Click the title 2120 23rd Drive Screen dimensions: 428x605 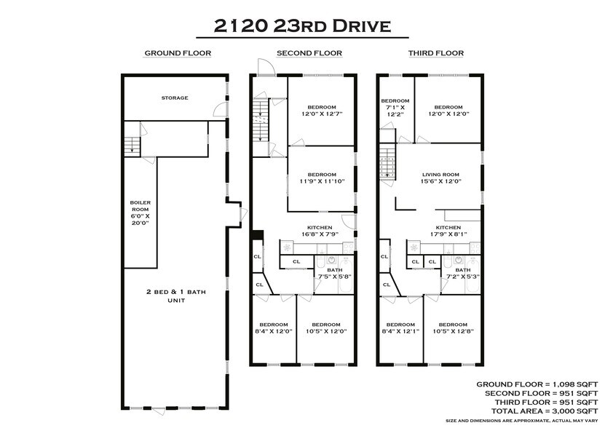point(302,25)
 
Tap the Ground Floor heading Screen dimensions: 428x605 point(178,53)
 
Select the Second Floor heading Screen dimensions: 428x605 point(309,53)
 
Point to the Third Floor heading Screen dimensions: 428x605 point(435,53)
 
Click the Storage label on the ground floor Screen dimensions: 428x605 point(175,98)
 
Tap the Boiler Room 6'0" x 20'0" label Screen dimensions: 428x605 point(140,213)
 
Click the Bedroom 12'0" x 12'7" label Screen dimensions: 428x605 point(322,110)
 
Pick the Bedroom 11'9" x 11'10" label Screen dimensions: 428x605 point(322,178)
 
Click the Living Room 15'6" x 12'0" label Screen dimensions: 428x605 point(441,178)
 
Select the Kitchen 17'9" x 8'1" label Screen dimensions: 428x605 point(448,231)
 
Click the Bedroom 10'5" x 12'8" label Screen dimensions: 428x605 point(448,328)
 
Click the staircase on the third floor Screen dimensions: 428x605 point(388,162)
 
